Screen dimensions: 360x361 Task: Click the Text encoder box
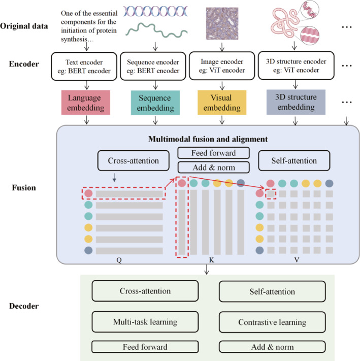[84, 67]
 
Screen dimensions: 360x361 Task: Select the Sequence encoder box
[153, 66]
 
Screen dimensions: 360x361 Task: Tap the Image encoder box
[222, 65]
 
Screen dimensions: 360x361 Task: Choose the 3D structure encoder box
[296, 65]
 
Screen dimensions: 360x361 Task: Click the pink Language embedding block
[86, 103]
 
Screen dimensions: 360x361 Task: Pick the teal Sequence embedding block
[155, 103]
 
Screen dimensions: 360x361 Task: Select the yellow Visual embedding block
[222, 103]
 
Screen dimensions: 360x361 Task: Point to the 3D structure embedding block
[296, 102]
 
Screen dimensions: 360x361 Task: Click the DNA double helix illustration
[155, 11]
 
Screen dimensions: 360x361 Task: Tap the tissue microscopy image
[222, 23]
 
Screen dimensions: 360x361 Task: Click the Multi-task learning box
[145, 321]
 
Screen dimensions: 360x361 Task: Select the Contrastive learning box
[272, 322]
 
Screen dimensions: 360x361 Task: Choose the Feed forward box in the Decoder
[145, 347]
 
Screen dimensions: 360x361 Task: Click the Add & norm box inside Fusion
[214, 168]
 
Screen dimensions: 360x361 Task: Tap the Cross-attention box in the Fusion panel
[134, 160]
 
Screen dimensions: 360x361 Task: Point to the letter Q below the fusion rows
[119, 260]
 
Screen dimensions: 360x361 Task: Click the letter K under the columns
[212, 260]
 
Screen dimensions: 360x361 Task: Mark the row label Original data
[24, 26]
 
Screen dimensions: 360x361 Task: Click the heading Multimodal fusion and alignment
[208, 139]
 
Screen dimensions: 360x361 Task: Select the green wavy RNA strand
[156, 30]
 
